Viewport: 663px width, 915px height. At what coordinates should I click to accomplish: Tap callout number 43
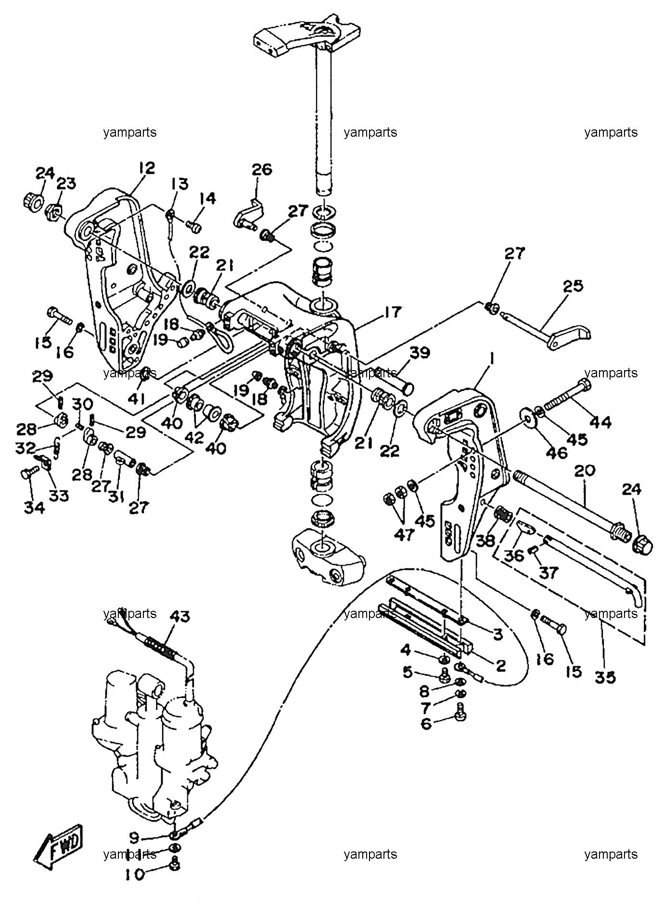coord(179,617)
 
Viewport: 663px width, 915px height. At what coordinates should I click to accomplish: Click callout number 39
coord(419,353)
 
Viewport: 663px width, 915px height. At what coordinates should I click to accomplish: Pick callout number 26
coord(262,169)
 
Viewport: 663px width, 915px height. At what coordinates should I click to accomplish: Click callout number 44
coord(600,422)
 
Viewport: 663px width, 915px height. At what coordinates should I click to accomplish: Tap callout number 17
coord(393,312)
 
